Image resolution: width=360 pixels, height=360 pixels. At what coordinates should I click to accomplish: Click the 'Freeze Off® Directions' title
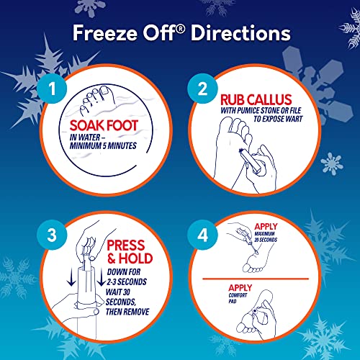click(179, 33)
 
